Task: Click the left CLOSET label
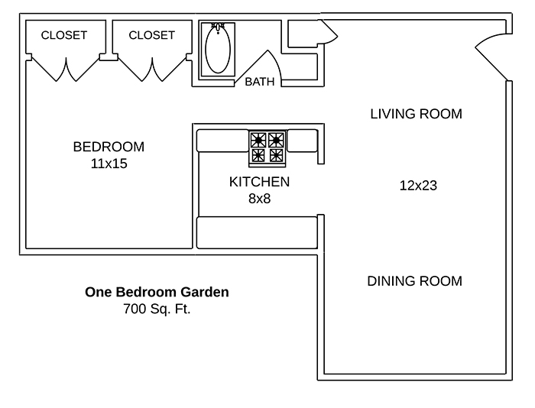63,35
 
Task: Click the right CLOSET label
151,35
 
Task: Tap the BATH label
260,82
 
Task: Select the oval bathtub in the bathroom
218,49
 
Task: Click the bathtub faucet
218,28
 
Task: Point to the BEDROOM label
109,147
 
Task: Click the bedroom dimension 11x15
109,164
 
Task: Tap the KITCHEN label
259,182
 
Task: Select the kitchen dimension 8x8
259,199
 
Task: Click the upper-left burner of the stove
258,140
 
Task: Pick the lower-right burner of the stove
276,156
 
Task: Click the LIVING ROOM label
417,114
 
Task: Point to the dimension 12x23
418,186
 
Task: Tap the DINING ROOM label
414,281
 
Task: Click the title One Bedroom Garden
157,292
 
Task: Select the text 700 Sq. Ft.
157,309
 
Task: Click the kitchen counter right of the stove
303,141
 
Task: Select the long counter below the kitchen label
257,233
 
